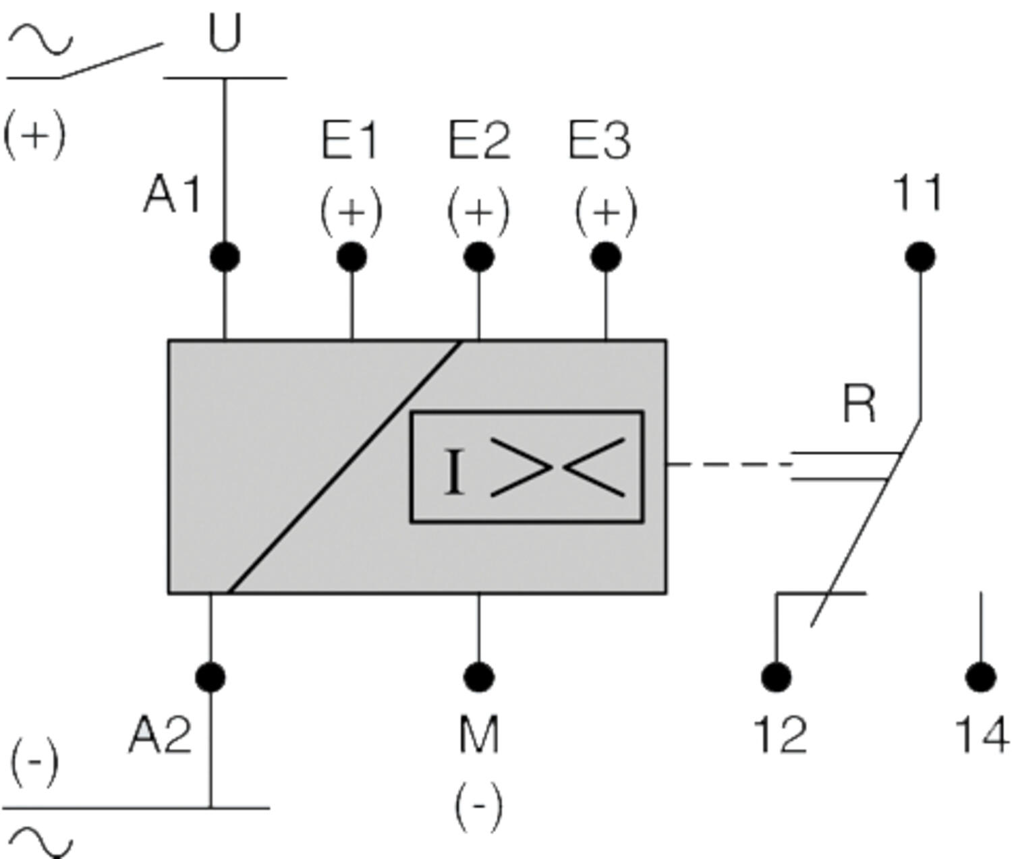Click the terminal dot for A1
click(225, 257)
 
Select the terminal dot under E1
click(352, 257)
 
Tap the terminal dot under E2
click(479, 257)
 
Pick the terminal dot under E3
click(606, 257)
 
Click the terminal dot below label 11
click(920, 257)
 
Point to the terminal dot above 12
click(777, 677)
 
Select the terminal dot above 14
click(981, 677)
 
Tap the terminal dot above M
click(479, 677)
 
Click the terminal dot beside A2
click(210, 677)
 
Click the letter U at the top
click(225, 34)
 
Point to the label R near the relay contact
click(860, 405)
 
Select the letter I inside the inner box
click(455, 472)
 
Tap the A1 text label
click(173, 196)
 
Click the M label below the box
click(479, 735)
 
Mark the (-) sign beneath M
click(479, 806)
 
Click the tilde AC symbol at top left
click(39, 39)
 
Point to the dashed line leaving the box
click(729, 464)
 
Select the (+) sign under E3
click(606, 212)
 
